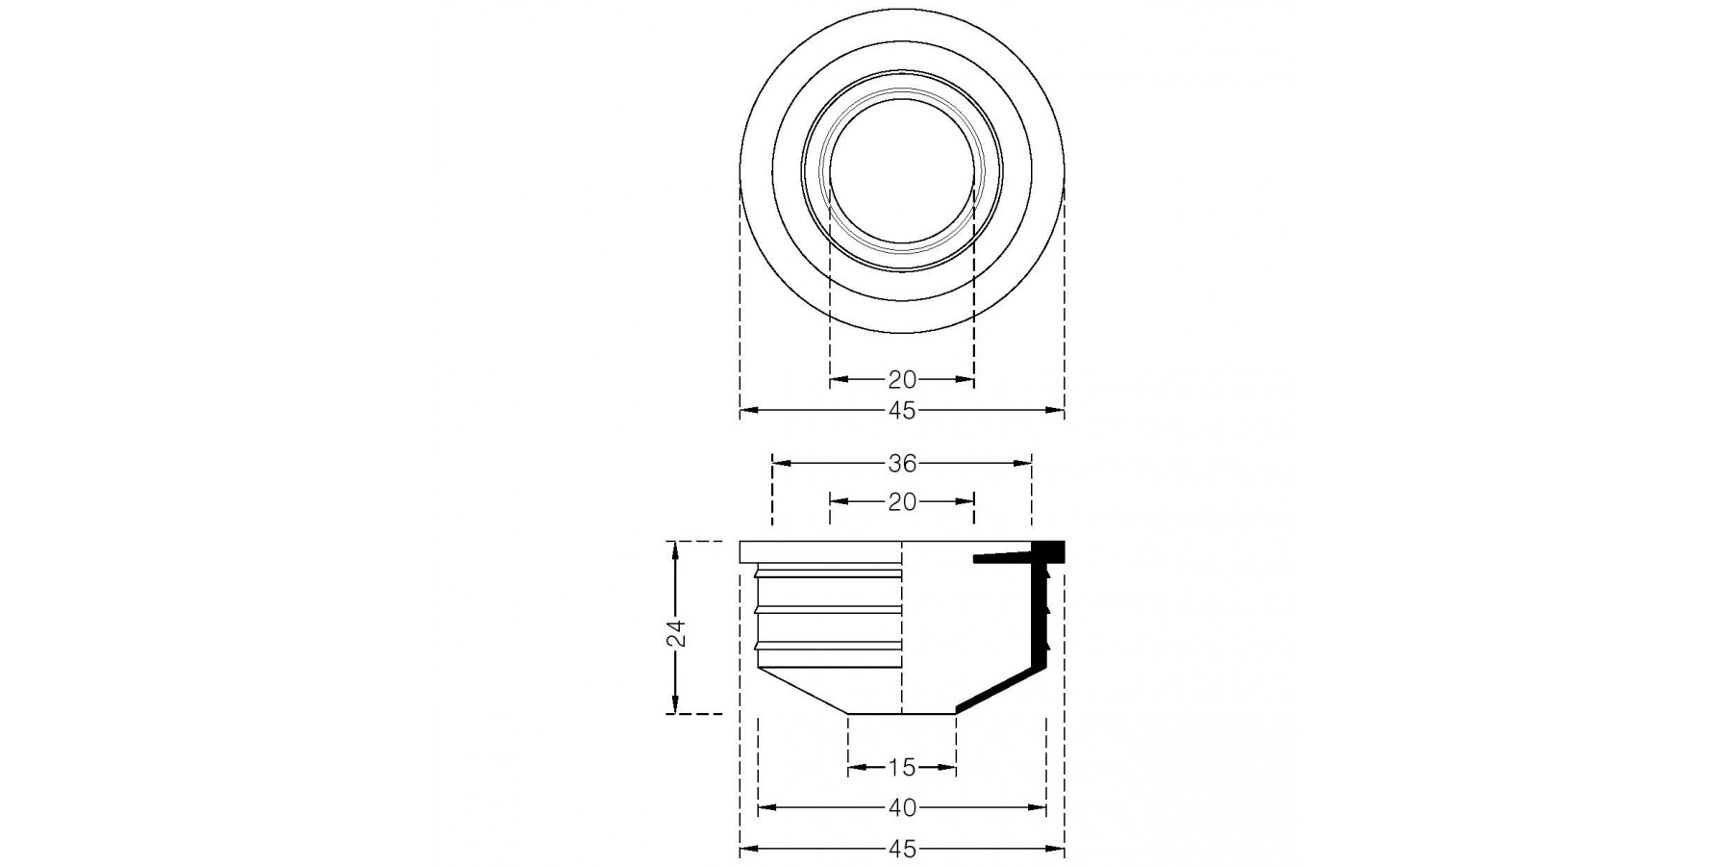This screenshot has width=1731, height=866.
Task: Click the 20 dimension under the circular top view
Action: [x=902, y=379]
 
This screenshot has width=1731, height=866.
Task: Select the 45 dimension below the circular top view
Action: [x=902, y=411]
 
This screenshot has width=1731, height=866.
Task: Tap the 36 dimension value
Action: [x=902, y=464]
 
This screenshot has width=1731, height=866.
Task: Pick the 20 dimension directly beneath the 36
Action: [x=902, y=501]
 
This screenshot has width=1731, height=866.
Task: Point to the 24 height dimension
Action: [x=677, y=632]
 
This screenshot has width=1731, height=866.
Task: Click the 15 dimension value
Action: [x=902, y=768]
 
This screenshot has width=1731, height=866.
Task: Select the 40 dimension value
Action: [x=902, y=808]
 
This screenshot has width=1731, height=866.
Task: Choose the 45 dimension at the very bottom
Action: [x=902, y=850]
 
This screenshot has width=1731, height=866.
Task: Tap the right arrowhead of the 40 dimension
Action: [x=1037, y=808]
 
